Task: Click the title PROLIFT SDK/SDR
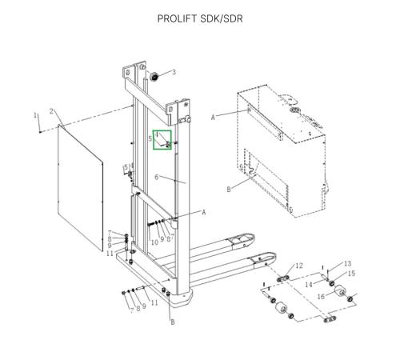(200, 18)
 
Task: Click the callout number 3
(174, 72)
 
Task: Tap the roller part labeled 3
(154, 77)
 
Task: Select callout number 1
(35, 115)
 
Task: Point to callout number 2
(52, 111)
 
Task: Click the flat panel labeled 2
(80, 187)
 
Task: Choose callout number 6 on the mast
(157, 177)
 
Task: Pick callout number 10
(154, 242)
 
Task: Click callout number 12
(299, 266)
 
